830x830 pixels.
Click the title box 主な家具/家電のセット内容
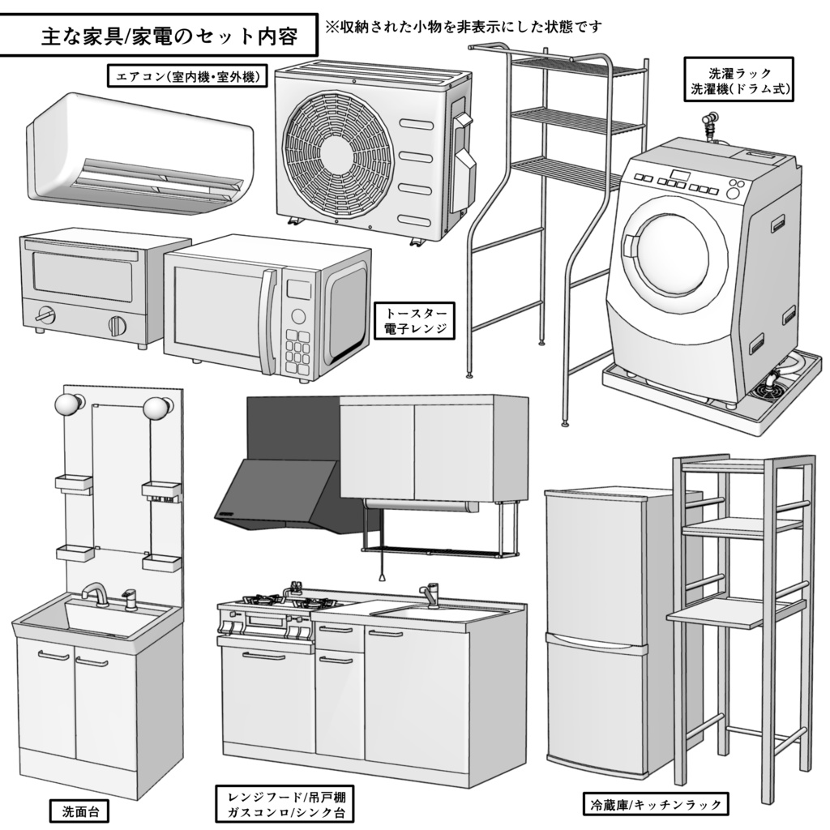coord(158,36)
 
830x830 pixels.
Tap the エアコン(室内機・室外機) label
coord(187,77)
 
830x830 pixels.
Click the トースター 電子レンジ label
coord(414,321)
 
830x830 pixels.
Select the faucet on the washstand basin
coord(96,594)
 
